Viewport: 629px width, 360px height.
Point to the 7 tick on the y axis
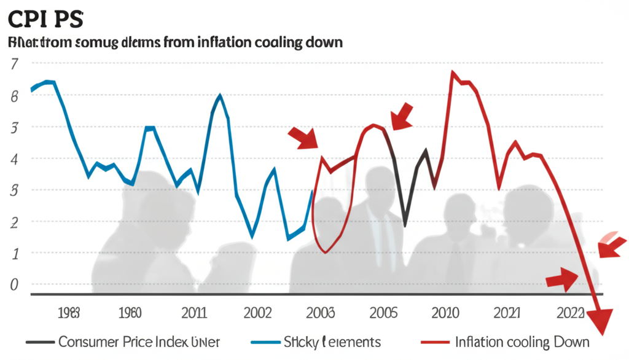tap(15, 64)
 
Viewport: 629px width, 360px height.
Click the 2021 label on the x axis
tap(508, 313)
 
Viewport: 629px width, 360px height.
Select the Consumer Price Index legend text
tap(138, 342)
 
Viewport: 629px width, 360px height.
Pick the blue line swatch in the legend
tap(265, 342)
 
